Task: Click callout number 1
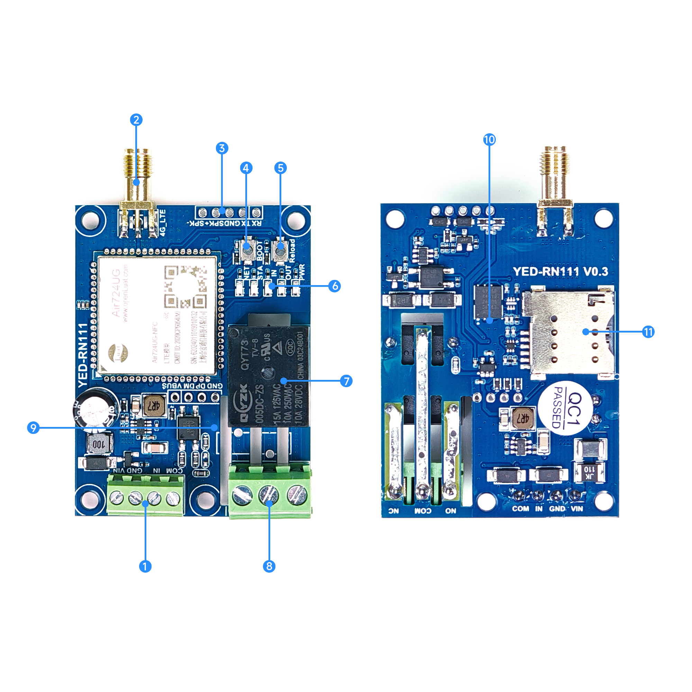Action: pos(145,566)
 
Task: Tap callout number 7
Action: pos(346,381)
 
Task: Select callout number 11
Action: pos(648,332)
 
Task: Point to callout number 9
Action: pos(33,427)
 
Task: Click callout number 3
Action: pos(222,148)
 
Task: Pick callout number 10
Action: pos(489,139)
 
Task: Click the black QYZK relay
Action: pos(268,376)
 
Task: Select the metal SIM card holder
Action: pos(570,331)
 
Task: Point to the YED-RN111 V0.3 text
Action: pos(561,272)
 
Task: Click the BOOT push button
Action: pos(246,250)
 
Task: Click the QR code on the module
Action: pos(185,286)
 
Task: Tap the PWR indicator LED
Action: pos(295,287)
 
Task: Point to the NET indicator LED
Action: pos(239,287)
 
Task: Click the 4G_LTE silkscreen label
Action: pos(163,222)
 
